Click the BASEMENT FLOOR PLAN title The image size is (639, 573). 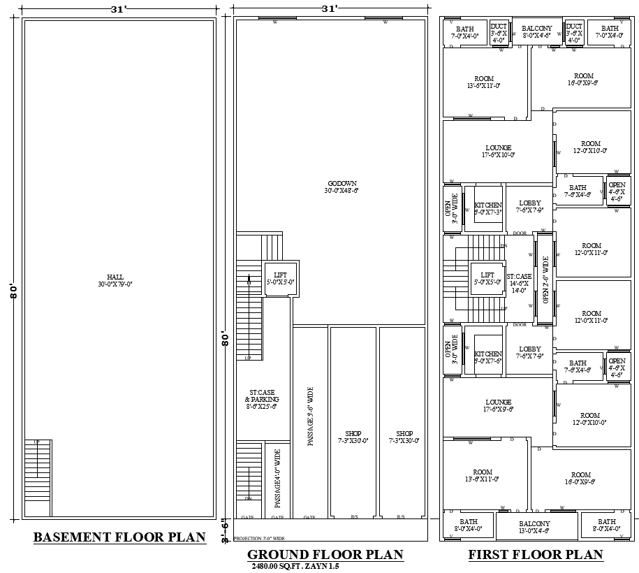point(119,537)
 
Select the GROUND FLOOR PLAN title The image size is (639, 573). point(325,554)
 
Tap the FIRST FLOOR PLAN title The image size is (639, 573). point(535,554)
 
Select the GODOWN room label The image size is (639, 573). point(341,187)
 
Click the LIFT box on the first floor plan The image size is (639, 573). point(487,279)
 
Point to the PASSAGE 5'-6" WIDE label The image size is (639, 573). point(311,416)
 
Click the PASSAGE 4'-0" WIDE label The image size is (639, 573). point(277,479)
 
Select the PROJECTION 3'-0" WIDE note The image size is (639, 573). point(259,539)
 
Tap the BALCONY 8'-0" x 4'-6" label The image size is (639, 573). point(537,32)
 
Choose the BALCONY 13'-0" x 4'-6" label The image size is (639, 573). point(534,527)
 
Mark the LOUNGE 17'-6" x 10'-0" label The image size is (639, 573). point(499,151)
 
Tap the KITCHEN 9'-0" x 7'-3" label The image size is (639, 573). point(488,208)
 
